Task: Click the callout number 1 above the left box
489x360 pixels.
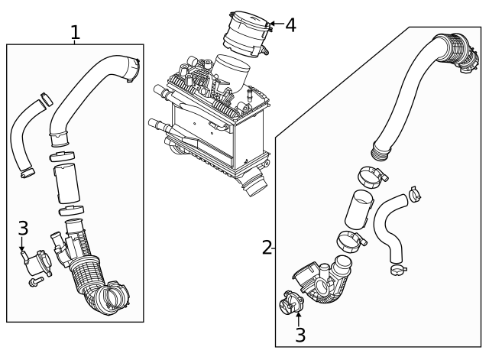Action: click(x=75, y=32)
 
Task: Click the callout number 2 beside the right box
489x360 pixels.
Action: click(x=267, y=247)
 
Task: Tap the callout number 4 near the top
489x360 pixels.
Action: click(x=290, y=25)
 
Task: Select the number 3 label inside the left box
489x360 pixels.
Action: click(x=23, y=228)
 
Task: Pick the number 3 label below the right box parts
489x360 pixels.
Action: click(x=300, y=334)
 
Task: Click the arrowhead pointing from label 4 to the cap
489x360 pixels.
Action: click(x=270, y=25)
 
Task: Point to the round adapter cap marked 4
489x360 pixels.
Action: click(x=246, y=33)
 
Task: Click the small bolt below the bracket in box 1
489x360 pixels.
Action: click(x=34, y=284)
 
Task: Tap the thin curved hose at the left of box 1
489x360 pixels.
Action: click(x=19, y=138)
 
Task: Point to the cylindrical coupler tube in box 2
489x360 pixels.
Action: click(x=358, y=209)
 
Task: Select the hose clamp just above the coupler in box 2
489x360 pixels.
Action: click(x=371, y=177)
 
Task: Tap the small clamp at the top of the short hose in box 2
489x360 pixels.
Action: click(x=414, y=194)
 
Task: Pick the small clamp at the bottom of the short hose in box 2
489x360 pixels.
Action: click(x=397, y=268)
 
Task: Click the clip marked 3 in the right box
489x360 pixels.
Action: click(x=292, y=304)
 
